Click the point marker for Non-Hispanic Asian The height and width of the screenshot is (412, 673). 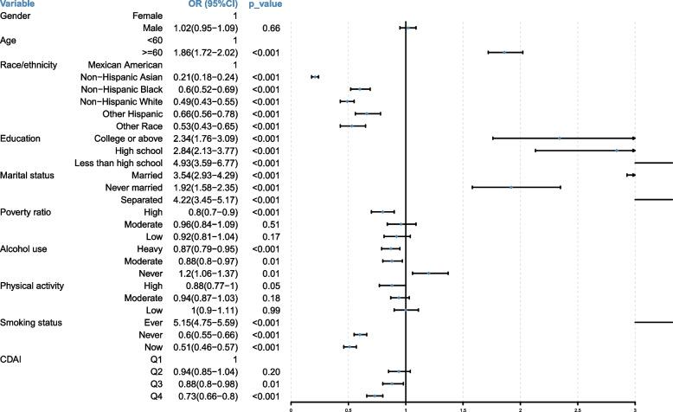coord(315,77)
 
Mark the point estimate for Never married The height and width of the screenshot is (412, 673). coord(511,187)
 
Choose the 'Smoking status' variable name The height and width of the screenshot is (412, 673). coord(28,322)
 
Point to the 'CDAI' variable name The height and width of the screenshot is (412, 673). coord(11,358)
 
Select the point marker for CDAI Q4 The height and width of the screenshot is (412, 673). coord(375,396)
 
